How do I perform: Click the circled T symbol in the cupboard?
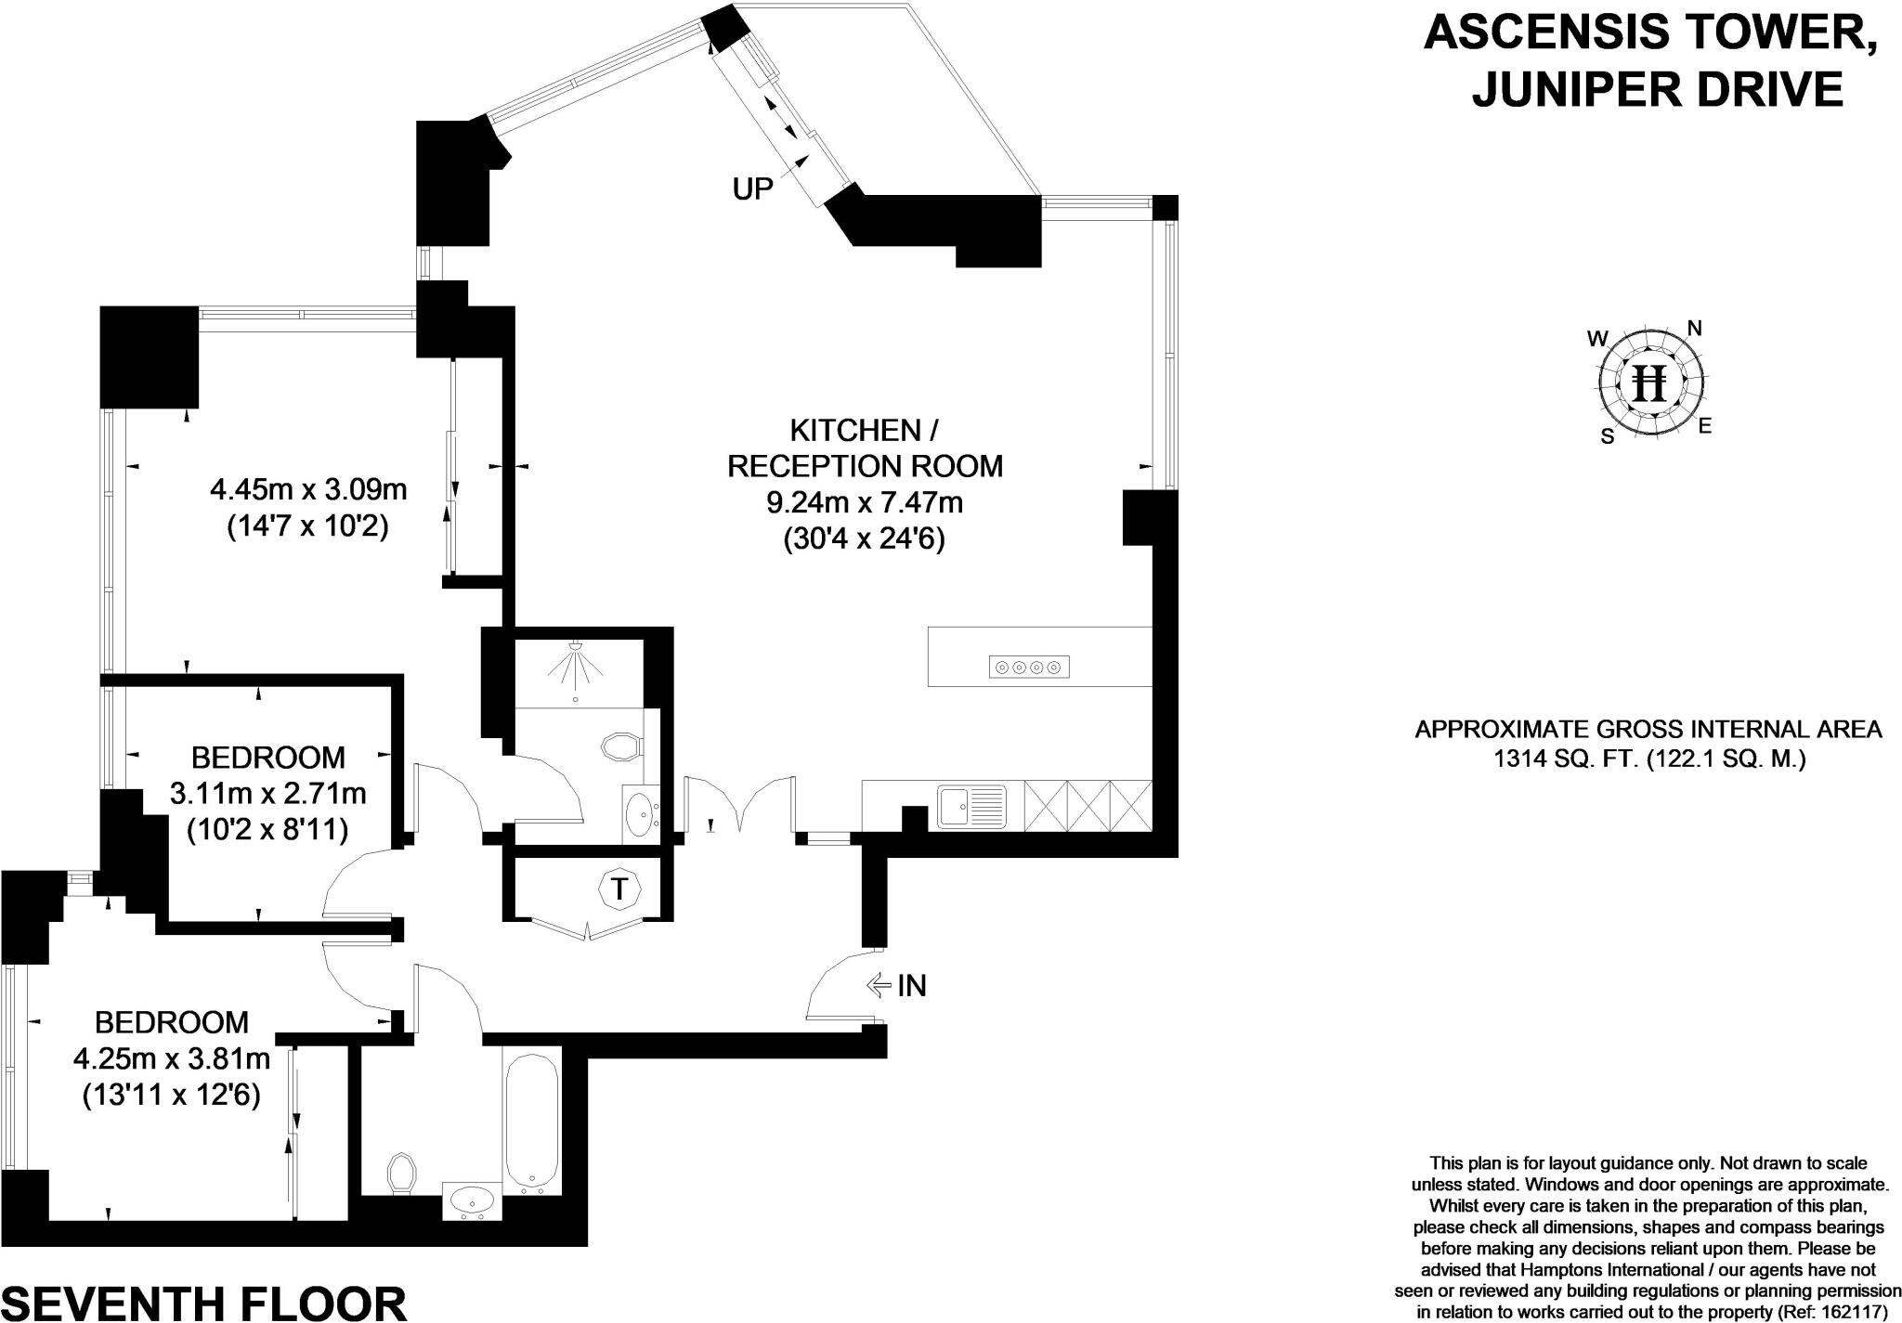click(x=619, y=888)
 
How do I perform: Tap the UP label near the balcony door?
click(x=752, y=189)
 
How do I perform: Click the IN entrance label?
click(x=911, y=985)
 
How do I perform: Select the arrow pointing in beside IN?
click(x=878, y=985)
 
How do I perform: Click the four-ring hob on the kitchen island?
click(x=1029, y=667)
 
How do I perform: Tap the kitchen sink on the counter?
click(x=971, y=805)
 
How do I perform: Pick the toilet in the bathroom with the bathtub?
click(x=400, y=1174)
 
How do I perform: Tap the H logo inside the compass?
click(x=1650, y=383)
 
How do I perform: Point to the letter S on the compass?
click(x=1607, y=436)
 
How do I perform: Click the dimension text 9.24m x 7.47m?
click(x=864, y=503)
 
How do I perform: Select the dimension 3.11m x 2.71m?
click(x=267, y=794)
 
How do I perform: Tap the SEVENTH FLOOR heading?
click(x=204, y=1303)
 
